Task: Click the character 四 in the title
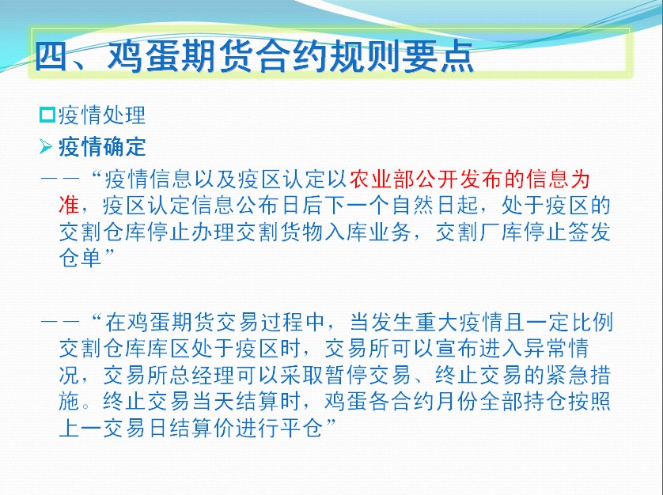51,56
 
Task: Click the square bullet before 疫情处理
47,115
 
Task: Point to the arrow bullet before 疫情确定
46,147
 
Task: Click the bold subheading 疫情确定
102,147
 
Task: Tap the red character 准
70,206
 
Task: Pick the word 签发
590,232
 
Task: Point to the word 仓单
81,258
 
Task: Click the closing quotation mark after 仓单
109,252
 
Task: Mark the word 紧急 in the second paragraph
567,375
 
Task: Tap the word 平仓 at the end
302,429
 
